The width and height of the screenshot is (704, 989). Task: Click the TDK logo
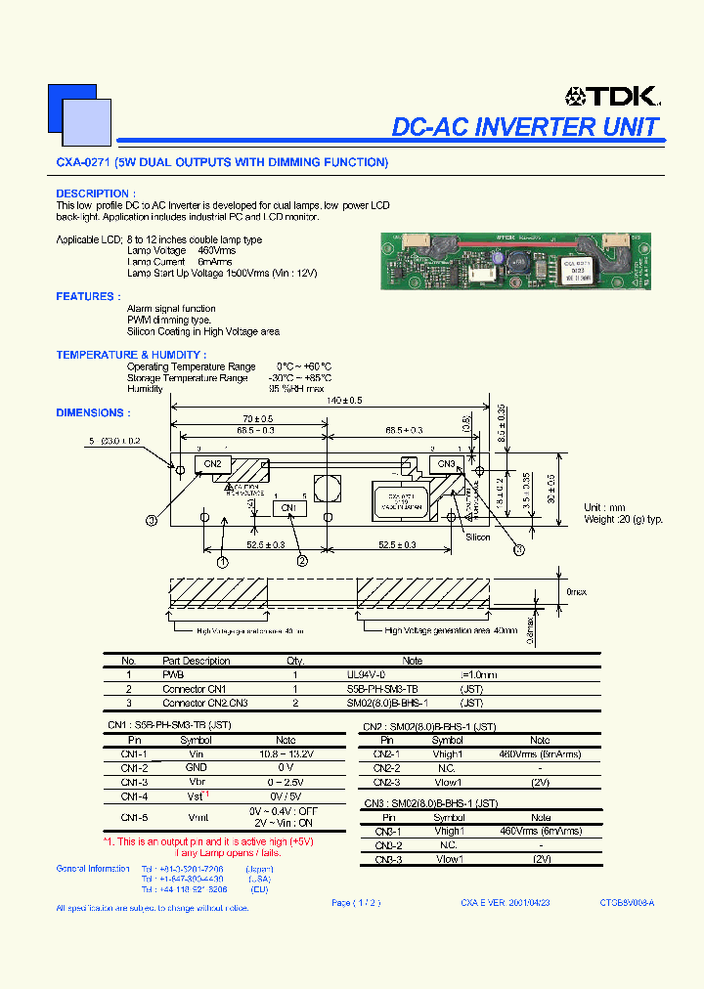coord(612,95)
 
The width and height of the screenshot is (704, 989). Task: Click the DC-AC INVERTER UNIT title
coord(525,127)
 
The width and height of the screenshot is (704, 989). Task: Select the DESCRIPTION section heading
coord(96,193)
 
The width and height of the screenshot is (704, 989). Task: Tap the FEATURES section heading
coord(88,296)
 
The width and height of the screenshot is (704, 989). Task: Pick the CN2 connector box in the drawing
coord(212,464)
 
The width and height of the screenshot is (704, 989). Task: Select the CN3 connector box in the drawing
coord(446,464)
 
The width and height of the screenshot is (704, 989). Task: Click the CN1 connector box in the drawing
coord(288,508)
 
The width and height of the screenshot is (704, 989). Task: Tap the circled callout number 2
coord(303,561)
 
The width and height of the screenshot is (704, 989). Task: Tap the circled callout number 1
coord(223,562)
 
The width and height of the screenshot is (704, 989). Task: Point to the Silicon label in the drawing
coord(478,537)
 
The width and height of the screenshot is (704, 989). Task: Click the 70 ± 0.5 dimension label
coord(258,418)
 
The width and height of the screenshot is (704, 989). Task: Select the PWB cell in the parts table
coord(173,674)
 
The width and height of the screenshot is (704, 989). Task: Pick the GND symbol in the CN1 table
coord(197,768)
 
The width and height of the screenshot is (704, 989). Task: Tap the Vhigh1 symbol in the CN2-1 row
coord(448,754)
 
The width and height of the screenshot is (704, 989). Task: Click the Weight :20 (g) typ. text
coord(624,520)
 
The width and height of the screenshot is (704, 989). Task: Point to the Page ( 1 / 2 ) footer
coord(355,903)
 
